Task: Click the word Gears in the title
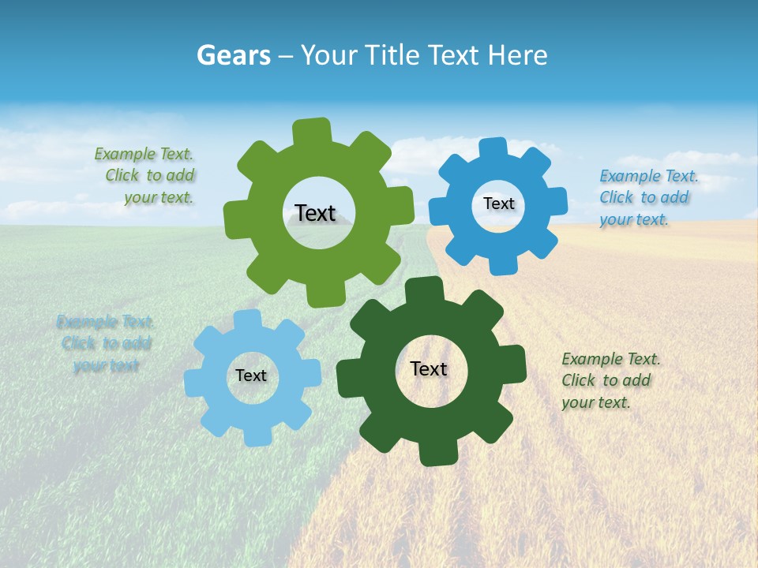233,55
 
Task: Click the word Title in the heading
393,55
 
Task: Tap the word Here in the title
517,55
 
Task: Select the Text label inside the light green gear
315,213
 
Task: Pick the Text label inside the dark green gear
429,368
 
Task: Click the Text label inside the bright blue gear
498,204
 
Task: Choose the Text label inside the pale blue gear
251,376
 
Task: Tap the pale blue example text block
106,343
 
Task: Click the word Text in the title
456,55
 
